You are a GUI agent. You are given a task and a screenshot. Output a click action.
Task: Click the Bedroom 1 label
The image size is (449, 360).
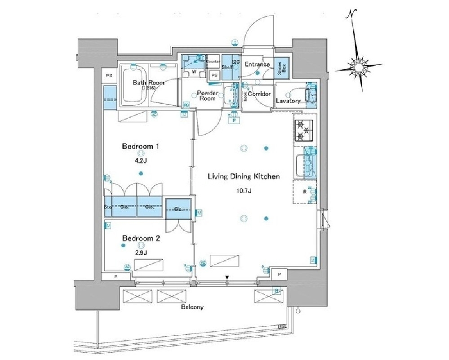pos(139,147)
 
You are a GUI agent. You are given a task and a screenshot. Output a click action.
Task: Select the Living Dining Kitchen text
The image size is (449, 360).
pos(244,177)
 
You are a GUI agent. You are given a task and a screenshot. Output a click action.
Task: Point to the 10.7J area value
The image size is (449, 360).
pos(244,191)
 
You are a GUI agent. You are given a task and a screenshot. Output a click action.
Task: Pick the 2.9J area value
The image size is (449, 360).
pos(140,252)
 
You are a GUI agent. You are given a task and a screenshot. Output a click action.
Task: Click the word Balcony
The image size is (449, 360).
pos(192,307)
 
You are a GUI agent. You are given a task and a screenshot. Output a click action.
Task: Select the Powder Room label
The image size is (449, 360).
pos(208,96)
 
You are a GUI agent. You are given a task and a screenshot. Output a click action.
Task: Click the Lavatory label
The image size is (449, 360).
pos(288,101)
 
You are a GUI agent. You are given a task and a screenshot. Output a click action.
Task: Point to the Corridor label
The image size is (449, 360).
pos(259,94)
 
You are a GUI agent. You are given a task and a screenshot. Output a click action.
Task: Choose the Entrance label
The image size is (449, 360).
pos(257,64)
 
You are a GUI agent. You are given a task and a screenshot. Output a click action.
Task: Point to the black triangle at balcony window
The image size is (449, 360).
pos(227,278)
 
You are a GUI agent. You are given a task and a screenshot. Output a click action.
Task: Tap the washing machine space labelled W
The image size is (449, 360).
pos(194,71)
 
